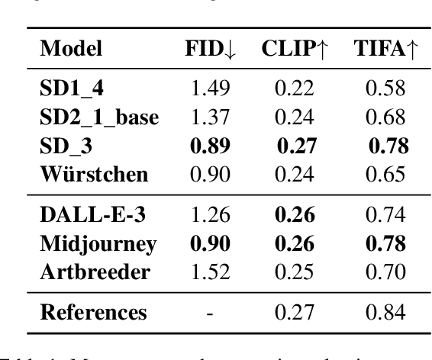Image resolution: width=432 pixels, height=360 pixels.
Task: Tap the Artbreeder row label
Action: tap(85, 272)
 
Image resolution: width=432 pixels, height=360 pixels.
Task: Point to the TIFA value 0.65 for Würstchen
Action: tap(386, 175)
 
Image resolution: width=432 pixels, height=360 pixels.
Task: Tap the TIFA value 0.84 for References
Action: tap(386, 312)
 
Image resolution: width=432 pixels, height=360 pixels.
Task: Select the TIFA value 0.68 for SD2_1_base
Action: tap(386, 118)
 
